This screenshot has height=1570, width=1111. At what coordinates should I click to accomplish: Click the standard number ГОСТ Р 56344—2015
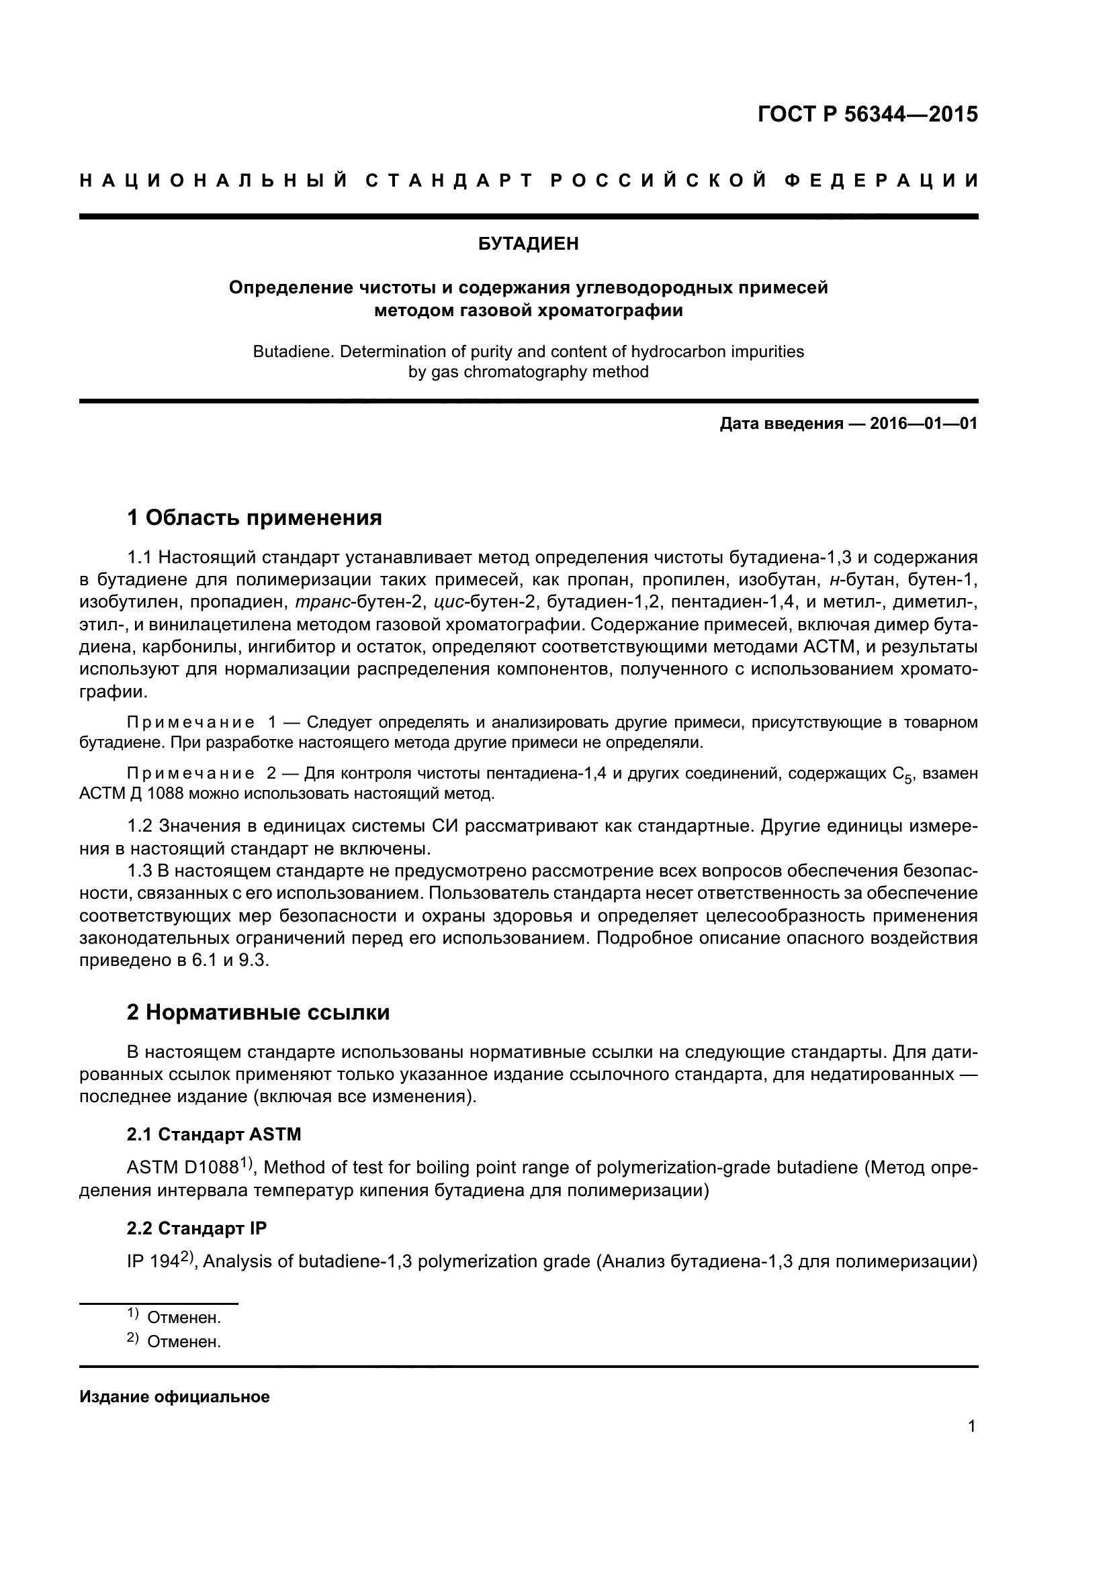(867, 114)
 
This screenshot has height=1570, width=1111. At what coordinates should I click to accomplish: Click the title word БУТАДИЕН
(527, 244)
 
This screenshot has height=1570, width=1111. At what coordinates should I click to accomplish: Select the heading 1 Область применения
(254, 518)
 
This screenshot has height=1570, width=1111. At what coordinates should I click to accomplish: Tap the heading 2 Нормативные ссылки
(258, 1012)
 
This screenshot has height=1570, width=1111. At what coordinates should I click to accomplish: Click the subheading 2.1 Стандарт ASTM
(214, 1134)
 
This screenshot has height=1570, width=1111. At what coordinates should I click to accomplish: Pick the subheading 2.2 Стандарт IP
(196, 1229)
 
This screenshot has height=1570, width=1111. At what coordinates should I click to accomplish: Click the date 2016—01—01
(923, 424)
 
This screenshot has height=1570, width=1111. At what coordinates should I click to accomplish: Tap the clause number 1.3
(140, 871)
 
